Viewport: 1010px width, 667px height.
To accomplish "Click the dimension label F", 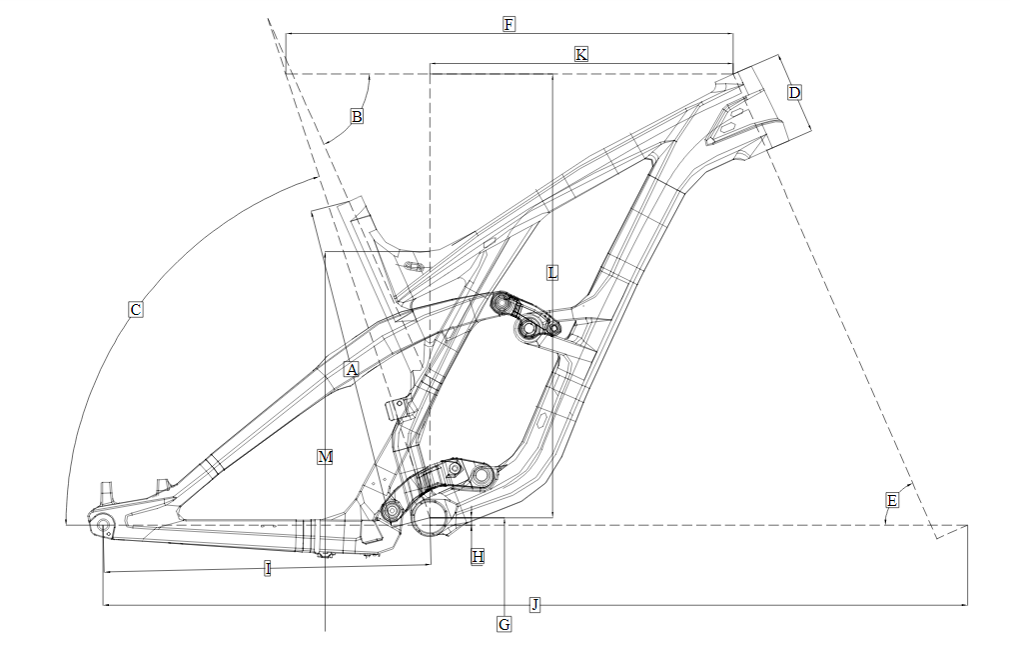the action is [508, 25].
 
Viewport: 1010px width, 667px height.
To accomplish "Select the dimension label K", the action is [581, 54].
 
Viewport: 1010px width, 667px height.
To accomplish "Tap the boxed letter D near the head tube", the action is [795, 93].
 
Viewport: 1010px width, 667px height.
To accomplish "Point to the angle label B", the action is [357, 117].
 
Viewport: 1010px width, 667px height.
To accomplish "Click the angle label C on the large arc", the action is [135, 310].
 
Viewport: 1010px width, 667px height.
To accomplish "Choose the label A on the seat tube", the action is [351, 370].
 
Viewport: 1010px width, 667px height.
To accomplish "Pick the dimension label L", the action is [552, 273].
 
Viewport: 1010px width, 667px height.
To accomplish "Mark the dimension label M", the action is [326, 457].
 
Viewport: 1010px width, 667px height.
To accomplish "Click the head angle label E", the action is [892, 500].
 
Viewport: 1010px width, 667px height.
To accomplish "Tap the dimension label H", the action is [478, 557].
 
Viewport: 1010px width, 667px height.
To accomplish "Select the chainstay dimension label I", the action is [268, 568].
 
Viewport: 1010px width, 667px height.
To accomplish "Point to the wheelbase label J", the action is [534, 604].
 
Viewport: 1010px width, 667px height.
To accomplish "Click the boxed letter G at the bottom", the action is [505, 624].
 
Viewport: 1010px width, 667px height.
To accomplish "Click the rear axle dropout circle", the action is [103, 526].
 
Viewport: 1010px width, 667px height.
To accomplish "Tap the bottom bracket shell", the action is [430, 517].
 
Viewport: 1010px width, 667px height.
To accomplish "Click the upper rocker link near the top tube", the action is [524, 316].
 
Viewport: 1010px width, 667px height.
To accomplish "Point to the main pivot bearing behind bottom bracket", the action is [391, 511].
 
